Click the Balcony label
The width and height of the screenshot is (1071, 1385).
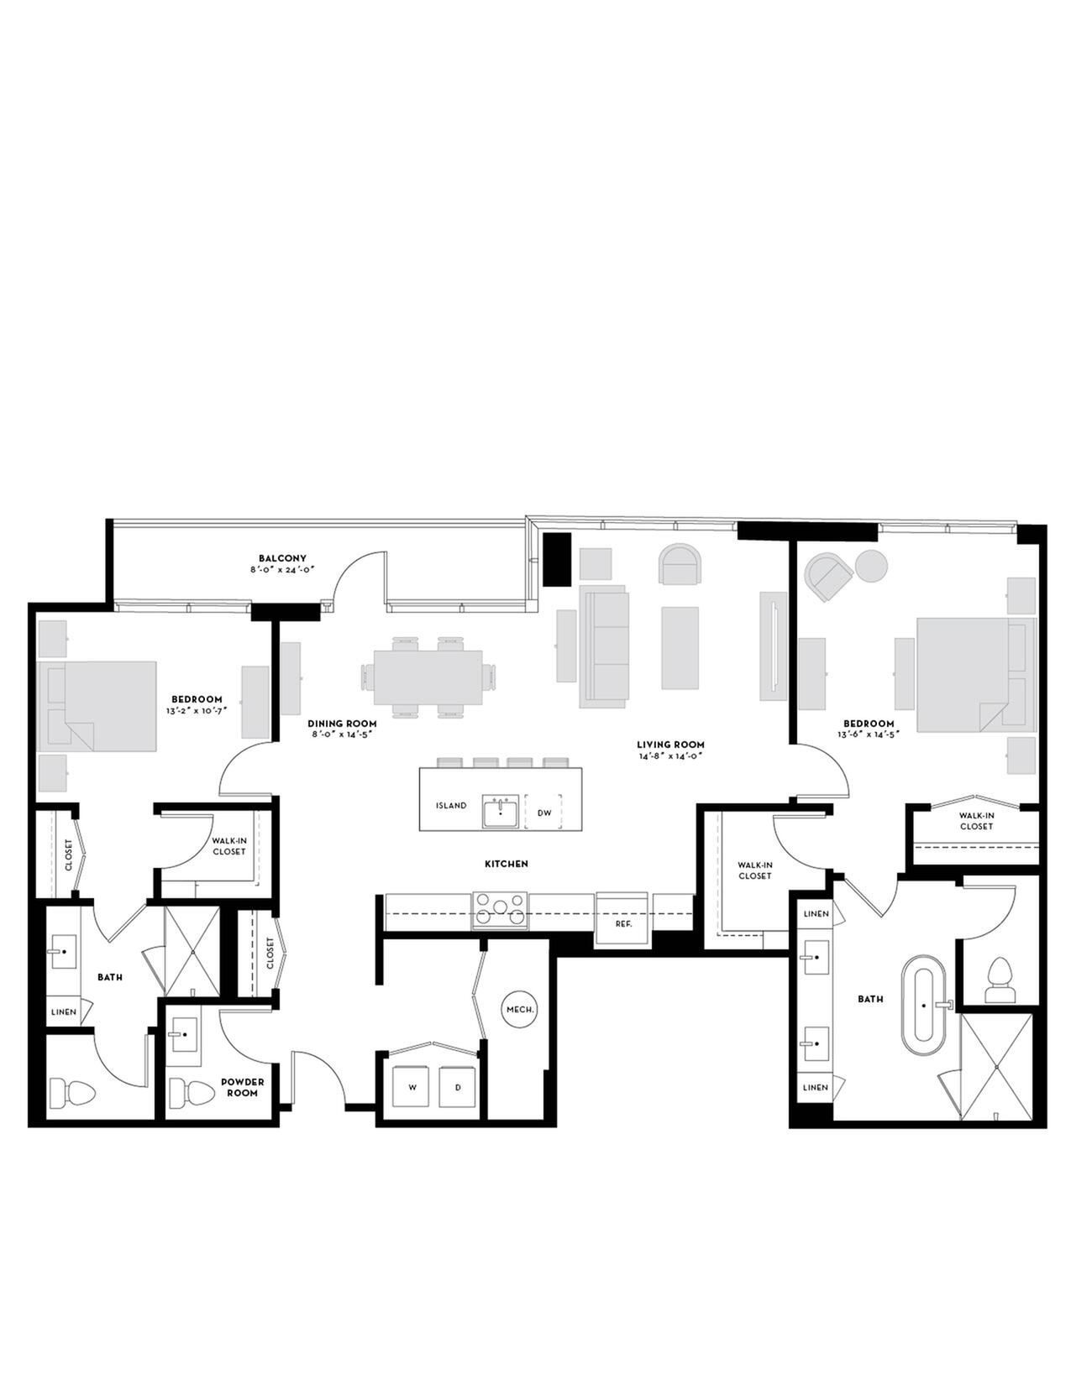pyautogui.click(x=282, y=558)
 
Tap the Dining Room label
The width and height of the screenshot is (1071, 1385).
pyautogui.click(x=342, y=724)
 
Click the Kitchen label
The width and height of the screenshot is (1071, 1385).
pyautogui.click(x=507, y=864)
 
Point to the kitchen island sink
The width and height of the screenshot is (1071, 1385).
pyautogui.click(x=501, y=812)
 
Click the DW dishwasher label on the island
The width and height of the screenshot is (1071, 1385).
pyautogui.click(x=544, y=813)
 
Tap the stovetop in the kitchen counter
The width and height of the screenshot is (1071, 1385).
pyautogui.click(x=500, y=910)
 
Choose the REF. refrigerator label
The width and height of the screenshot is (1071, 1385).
pyautogui.click(x=623, y=923)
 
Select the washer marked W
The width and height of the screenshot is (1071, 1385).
pyautogui.click(x=412, y=1087)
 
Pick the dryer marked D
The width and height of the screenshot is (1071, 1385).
pyautogui.click(x=458, y=1087)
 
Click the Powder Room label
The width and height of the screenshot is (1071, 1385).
pyautogui.click(x=243, y=1087)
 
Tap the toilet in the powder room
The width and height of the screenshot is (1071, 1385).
pyautogui.click(x=192, y=1094)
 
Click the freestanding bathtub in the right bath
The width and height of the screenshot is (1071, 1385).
pyautogui.click(x=924, y=1005)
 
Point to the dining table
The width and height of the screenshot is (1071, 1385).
pyautogui.click(x=428, y=677)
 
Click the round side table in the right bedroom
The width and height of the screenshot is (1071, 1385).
pyautogui.click(x=871, y=566)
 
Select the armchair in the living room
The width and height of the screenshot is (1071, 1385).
pyautogui.click(x=680, y=563)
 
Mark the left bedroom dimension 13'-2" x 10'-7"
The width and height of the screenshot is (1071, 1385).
pyautogui.click(x=197, y=708)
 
